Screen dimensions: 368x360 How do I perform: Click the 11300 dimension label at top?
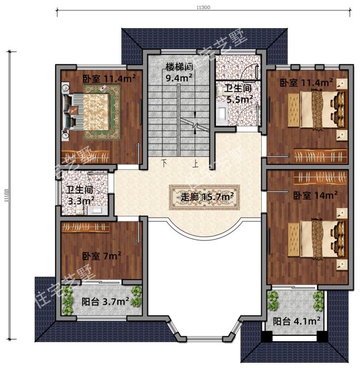(x=204, y=6)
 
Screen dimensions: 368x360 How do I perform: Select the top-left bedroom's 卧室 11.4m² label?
(x=109, y=79)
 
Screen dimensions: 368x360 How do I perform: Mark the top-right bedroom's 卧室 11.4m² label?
(x=306, y=82)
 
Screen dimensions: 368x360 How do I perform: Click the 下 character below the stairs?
(x=164, y=163)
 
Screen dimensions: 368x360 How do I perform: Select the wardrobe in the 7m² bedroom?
(x=86, y=227)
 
